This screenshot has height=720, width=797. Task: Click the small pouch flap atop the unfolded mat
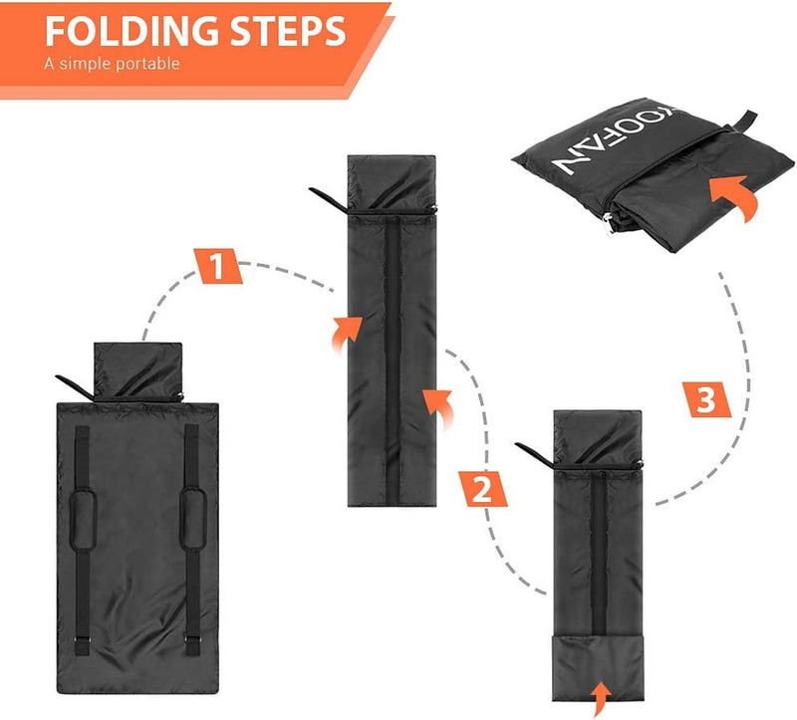tap(138, 365)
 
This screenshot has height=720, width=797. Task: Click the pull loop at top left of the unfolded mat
tap(76, 385)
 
